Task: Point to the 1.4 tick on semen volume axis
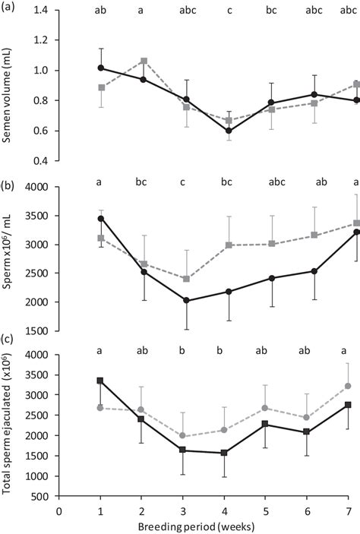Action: click(44, 11)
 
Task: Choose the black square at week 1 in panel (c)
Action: click(101, 381)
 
